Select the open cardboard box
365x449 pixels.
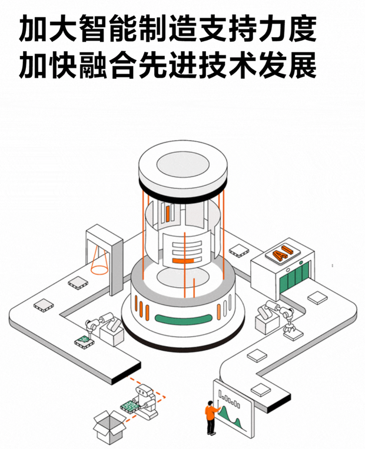click(109, 424)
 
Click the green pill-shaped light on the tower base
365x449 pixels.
click(182, 319)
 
